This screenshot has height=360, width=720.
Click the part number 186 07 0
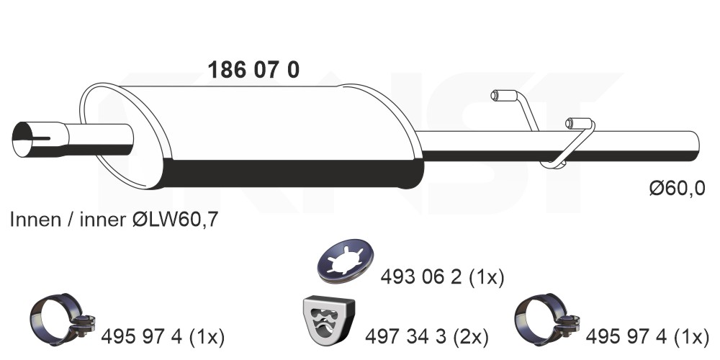point(253,70)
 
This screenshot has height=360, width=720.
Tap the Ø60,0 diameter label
point(677,188)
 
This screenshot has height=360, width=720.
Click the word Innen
point(35,220)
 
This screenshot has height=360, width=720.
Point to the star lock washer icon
point(346,261)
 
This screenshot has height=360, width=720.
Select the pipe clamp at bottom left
point(61,319)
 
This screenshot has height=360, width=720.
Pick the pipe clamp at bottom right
point(546,319)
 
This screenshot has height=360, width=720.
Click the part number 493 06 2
point(420,277)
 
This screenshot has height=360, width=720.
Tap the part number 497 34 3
point(405,337)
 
